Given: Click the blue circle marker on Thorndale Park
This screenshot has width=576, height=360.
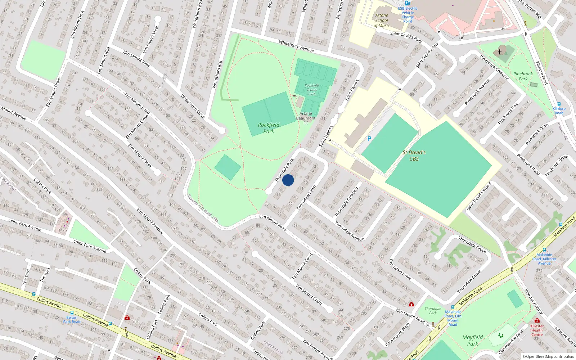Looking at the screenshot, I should coord(288,180).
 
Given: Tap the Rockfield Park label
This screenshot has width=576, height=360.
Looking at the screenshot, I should coord(269,128).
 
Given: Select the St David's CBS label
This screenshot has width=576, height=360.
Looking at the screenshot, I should coord(414,156).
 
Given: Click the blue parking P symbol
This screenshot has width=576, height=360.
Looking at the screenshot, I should coord(369,139).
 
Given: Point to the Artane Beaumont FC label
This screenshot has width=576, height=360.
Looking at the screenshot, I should coord(306,118).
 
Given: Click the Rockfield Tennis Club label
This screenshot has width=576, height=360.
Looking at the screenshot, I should coord(312,90).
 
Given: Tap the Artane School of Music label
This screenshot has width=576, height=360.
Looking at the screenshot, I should coord(382,21).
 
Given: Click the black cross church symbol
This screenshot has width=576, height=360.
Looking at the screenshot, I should coord(500,52).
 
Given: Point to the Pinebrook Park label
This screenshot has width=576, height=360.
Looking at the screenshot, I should coord(523,76).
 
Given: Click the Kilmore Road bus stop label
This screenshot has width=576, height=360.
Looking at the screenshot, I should coord(559,111).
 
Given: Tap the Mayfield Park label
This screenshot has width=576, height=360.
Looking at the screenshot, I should coord(473,340).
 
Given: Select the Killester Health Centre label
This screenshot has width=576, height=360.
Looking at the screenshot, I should coord(537,330).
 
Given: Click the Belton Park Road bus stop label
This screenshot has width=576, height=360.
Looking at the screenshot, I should coord(72,319).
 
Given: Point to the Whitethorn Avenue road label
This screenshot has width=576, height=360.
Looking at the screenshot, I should coord(296,46).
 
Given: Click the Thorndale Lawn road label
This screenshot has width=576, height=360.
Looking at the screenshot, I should coord(306,198).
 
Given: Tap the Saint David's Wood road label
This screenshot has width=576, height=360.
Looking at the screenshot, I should coord(479,197).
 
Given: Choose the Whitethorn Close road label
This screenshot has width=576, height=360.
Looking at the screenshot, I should coord(193,106).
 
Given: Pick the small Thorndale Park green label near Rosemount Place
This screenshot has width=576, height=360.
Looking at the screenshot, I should coord(433,311).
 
